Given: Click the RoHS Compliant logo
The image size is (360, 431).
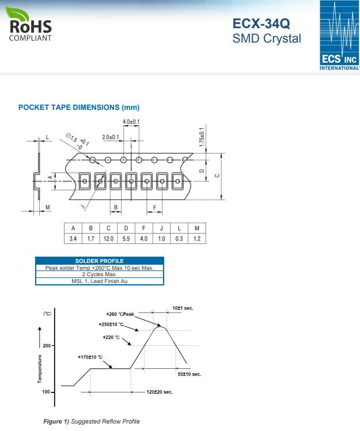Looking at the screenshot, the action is [29, 24].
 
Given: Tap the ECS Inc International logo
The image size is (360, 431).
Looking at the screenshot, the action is [340, 36].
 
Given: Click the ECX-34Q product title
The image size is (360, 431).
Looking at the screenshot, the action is [261, 24].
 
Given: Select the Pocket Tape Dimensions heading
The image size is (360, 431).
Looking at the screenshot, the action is [79, 107].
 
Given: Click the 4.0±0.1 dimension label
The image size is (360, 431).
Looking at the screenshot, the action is [131, 121].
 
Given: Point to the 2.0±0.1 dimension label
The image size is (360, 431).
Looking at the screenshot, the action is [111, 137].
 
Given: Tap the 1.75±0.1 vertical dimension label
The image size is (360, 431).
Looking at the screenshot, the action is [202, 137].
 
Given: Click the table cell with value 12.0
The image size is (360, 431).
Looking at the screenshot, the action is [108, 239].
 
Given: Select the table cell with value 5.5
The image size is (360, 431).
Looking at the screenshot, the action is [126, 239].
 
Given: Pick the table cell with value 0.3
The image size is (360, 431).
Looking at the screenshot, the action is [179, 239].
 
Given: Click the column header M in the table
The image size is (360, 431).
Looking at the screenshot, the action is [197, 228].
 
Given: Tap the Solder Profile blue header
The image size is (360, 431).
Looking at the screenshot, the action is [100, 261].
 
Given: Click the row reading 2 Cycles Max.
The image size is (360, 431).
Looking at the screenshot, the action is [100, 274].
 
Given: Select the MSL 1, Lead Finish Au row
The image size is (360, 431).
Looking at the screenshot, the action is [100, 281].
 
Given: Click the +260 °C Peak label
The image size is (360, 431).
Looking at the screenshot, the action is [120, 314].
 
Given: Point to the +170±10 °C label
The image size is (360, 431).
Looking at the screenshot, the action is [90, 357].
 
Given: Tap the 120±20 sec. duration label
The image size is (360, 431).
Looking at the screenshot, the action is [160, 392].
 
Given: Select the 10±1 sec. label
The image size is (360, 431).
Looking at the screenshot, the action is [183, 308].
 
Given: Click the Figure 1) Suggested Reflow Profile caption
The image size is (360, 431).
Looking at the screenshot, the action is [92, 421].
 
